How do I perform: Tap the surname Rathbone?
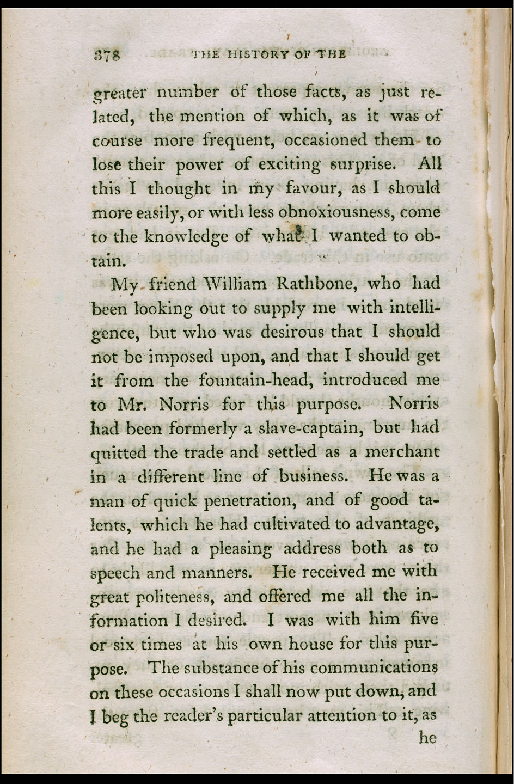pyautogui.click(x=316, y=284)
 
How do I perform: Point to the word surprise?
pyautogui.click(x=363, y=164)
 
